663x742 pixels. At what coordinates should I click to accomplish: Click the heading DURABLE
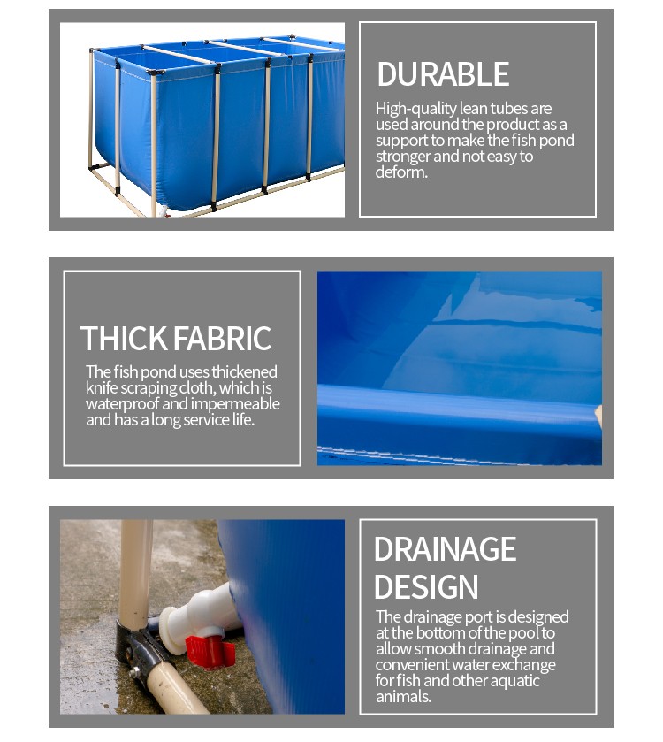443,74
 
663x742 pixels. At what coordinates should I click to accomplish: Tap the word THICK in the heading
124,339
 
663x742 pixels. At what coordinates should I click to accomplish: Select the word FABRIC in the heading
222,339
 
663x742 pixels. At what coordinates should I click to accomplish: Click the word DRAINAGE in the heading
445,549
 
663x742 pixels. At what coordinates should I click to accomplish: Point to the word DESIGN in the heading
426,587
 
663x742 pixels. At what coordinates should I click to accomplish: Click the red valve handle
210,651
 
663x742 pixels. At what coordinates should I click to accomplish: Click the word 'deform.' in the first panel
401,172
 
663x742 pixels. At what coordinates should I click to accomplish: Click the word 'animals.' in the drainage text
403,697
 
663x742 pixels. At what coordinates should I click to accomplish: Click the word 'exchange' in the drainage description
523,665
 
